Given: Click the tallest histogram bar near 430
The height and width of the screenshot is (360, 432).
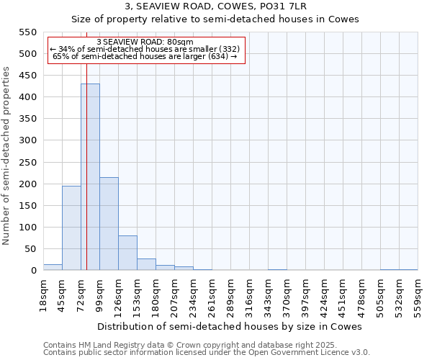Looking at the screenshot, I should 90,177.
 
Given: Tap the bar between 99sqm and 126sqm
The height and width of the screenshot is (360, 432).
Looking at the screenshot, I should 109,223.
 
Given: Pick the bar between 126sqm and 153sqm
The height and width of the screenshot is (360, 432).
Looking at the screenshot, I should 127,253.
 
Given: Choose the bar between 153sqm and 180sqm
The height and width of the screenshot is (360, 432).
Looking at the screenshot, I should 146,264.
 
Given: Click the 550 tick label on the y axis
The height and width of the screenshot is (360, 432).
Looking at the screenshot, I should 28,32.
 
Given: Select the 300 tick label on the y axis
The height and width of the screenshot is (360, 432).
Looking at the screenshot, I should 28,140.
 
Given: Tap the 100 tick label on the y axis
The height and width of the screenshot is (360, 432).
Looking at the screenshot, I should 28,228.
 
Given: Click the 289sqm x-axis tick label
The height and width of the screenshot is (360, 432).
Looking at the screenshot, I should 230,296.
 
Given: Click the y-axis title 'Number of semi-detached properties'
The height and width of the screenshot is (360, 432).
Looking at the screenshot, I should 6,156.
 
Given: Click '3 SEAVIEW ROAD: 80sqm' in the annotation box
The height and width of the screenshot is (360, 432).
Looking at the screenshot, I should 145,42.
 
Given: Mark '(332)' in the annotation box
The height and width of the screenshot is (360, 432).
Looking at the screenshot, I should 225,49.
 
